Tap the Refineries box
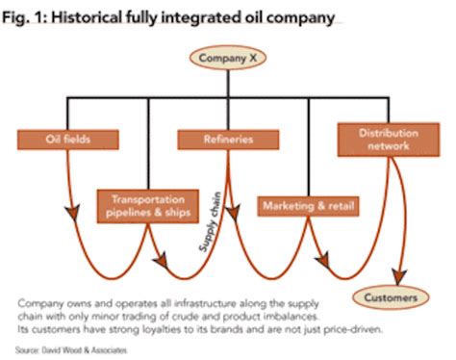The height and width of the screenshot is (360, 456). pos(216,140)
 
